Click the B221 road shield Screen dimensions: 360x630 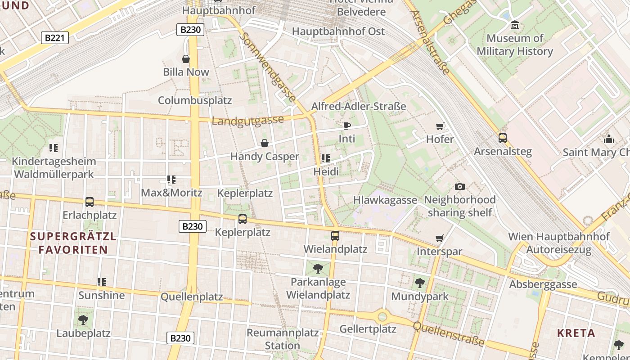55,38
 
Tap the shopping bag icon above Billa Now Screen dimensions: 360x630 185,59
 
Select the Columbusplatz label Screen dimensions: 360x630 195,100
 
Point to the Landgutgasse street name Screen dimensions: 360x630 247,121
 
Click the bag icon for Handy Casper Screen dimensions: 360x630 265,143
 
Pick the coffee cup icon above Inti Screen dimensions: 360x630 346,126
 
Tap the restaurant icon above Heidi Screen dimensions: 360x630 326,158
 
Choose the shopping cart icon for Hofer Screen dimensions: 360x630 440,126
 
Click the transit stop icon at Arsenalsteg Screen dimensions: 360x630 503,138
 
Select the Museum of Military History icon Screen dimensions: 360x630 515,25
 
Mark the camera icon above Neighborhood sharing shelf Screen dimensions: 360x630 459,186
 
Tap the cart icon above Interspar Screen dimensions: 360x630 439,238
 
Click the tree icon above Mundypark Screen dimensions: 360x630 419,283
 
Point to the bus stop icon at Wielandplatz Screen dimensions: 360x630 335,236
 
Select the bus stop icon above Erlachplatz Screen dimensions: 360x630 90,202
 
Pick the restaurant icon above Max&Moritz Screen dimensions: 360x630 171,180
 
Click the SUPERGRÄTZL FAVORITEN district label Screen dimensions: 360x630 73,243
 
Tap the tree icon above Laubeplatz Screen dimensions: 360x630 83,320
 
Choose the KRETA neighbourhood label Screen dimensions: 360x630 576,333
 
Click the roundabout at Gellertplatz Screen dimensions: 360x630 382,316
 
